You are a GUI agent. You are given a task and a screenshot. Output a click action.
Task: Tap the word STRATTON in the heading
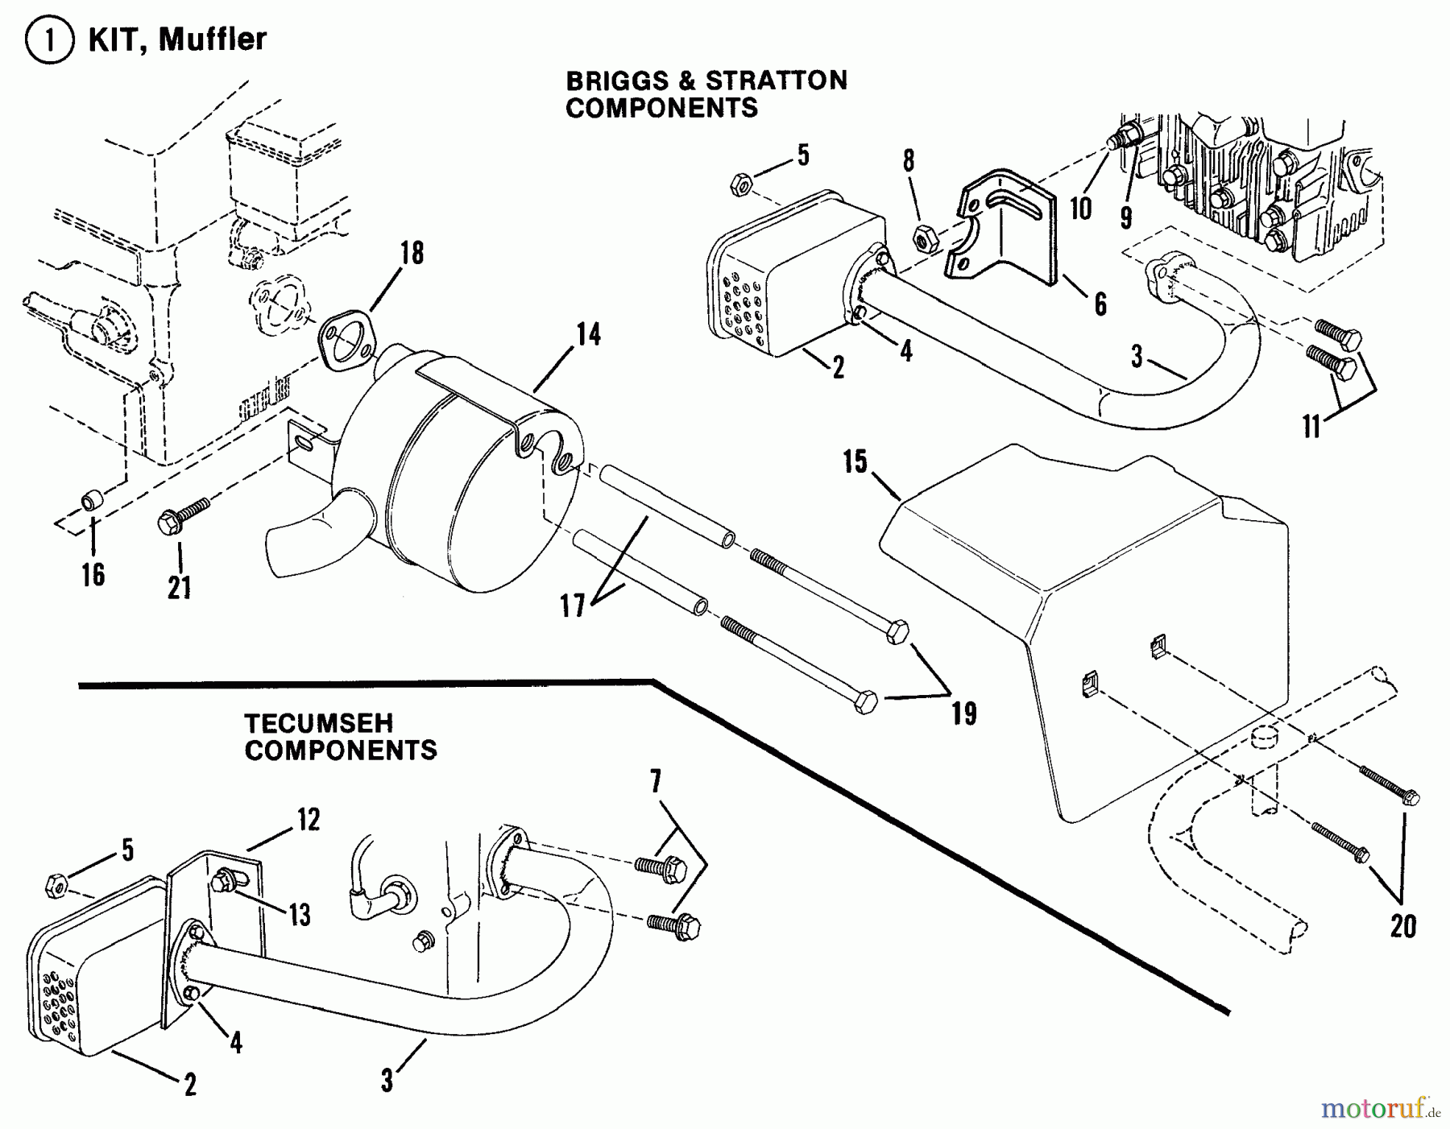[777, 81]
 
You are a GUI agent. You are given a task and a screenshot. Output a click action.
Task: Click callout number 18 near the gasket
[412, 254]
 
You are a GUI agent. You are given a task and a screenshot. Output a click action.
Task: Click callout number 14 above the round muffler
[589, 334]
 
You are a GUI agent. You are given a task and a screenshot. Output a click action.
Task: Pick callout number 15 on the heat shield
[855, 463]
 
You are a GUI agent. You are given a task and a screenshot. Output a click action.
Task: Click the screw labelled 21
[184, 513]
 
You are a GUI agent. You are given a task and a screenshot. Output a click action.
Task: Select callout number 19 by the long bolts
[963, 714]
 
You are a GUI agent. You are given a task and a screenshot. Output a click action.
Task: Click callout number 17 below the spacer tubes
[573, 606]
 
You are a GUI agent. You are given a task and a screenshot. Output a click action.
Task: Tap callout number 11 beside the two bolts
[1311, 425]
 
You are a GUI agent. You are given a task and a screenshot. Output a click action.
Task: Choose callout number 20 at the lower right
[1402, 927]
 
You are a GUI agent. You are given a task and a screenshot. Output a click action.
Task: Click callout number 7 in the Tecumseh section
[655, 781]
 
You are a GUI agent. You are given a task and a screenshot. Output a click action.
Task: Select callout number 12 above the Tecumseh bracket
[308, 821]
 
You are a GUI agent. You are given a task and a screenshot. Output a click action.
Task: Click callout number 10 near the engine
[1080, 209]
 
